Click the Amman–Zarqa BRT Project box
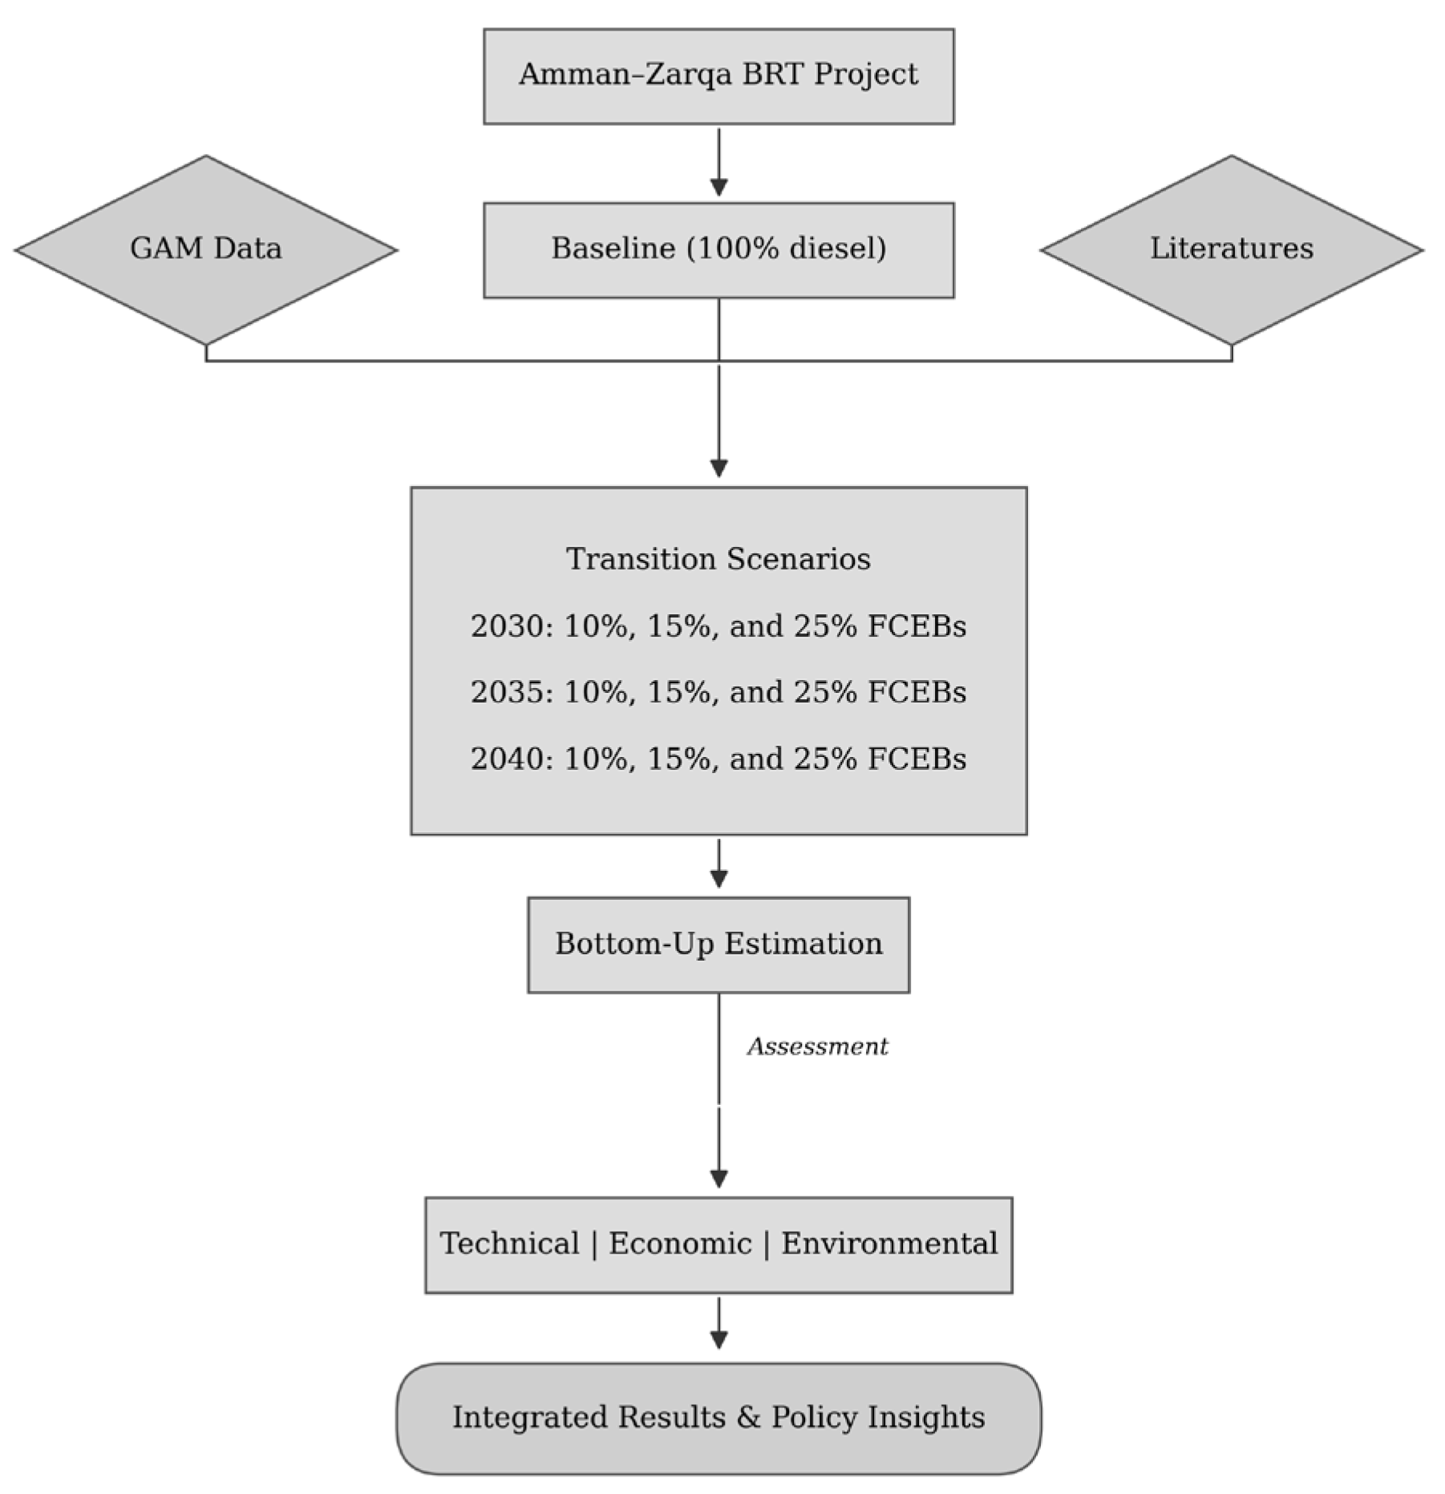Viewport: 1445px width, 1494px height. (718, 76)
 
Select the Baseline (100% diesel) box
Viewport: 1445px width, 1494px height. (718, 250)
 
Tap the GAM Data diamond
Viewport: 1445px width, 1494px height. (206, 249)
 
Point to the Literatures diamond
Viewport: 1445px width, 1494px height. (1232, 249)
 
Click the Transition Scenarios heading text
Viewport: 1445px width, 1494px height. (718, 559)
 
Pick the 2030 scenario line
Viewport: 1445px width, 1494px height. (718, 626)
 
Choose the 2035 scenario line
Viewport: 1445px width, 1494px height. (718, 692)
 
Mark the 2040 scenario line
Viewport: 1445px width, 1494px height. (718, 759)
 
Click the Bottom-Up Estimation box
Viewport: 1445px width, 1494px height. (718, 945)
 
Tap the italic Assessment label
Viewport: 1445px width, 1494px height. (818, 1047)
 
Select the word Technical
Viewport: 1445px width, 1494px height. (510, 1244)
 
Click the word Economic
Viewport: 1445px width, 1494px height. (680, 1244)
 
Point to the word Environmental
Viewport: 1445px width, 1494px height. (889, 1244)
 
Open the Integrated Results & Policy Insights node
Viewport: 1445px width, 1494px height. (718, 1418)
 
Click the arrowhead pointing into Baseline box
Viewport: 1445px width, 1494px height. (718, 188)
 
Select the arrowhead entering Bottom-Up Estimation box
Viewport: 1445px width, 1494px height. (718, 878)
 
